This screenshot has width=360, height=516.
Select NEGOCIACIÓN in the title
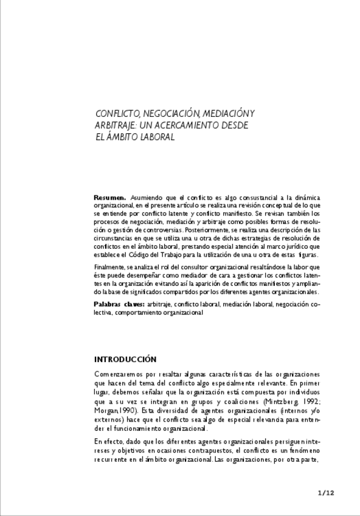click(x=171, y=113)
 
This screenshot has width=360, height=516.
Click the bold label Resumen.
click(x=109, y=198)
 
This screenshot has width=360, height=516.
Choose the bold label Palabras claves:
click(x=119, y=303)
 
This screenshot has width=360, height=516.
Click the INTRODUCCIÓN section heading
click(x=125, y=359)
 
